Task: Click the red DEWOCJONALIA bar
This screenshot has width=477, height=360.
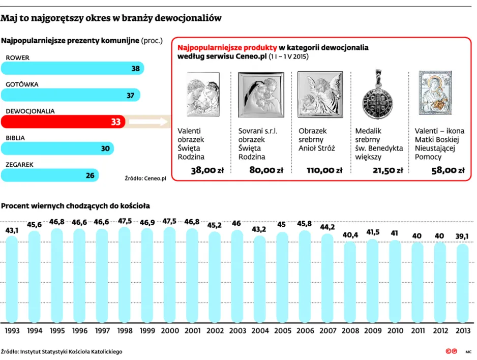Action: tap(63, 122)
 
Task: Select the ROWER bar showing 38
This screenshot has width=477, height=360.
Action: tap(72, 69)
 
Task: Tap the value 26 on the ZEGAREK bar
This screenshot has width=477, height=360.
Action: tap(90, 175)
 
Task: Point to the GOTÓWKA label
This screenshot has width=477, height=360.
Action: tap(22, 84)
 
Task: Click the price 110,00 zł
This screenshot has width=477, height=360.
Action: tap(324, 170)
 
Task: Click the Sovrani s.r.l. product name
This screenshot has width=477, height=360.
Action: tap(258, 131)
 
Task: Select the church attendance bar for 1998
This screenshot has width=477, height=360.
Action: tap(125, 275)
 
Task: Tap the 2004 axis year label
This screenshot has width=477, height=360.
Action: tap(260, 331)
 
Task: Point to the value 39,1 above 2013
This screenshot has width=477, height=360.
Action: tap(462, 236)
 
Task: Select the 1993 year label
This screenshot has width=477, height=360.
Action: tap(12, 331)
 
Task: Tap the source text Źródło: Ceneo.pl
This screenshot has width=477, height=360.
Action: tap(145, 178)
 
